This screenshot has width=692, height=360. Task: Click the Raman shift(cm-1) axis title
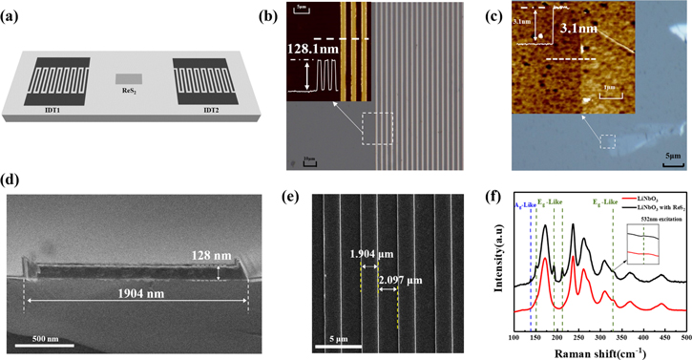598,351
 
